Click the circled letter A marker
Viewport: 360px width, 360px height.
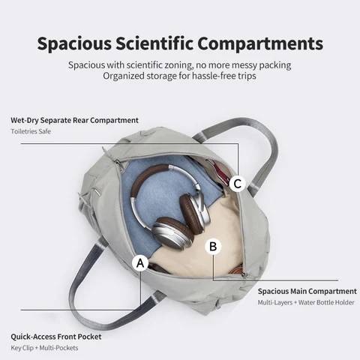(x=140, y=263)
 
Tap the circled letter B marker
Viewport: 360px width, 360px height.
(x=213, y=247)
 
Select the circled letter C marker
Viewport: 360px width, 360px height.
(x=238, y=184)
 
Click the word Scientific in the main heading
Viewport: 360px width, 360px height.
(x=154, y=43)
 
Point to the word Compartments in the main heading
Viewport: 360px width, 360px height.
(x=260, y=44)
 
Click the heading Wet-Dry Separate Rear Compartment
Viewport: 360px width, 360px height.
(x=74, y=120)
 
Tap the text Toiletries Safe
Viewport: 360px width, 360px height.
(x=31, y=131)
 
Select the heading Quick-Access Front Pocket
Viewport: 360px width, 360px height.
(x=56, y=337)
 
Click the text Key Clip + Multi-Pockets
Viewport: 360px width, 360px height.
(x=44, y=348)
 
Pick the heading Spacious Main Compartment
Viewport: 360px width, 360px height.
(x=307, y=292)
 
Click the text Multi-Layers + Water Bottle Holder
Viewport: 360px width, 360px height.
(x=306, y=302)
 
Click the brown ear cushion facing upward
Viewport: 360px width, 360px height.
(x=190, y=212)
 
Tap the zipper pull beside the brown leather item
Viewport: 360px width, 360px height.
(x=244, y=275)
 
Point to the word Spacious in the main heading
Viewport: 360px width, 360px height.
(x=74, y=44)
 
